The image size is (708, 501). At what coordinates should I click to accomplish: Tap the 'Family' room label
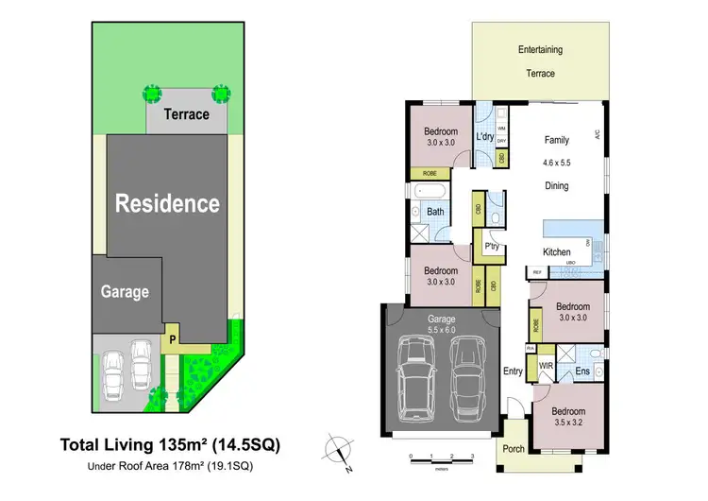point(557,140)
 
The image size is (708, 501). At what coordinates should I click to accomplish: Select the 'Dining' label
point(557,186)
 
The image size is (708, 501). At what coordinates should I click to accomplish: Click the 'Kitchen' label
point(557,252)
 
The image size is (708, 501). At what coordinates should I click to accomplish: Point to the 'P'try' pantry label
point(491,248)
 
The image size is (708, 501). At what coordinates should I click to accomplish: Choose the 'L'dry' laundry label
point(484,137)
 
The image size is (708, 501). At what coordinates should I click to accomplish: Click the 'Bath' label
point(435,212)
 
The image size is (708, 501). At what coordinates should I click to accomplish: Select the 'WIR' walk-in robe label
point(545,365)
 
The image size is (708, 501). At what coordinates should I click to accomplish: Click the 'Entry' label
point(513,371)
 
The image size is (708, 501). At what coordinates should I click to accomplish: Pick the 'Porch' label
point(513,449)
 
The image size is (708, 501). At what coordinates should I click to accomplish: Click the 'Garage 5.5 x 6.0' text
point(442,324)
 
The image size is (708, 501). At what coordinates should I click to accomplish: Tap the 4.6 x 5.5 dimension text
point(557,163)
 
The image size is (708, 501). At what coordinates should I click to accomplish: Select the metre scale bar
point(441,458)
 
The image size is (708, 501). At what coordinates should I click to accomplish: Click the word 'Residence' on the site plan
point(167,203)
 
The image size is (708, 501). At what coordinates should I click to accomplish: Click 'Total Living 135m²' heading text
point(170,443)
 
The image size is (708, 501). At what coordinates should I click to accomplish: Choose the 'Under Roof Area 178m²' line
point(170,466)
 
